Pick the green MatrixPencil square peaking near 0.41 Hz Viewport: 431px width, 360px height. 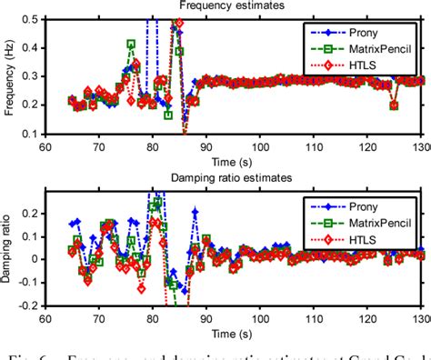131,44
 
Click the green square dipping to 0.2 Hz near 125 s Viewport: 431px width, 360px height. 394,105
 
